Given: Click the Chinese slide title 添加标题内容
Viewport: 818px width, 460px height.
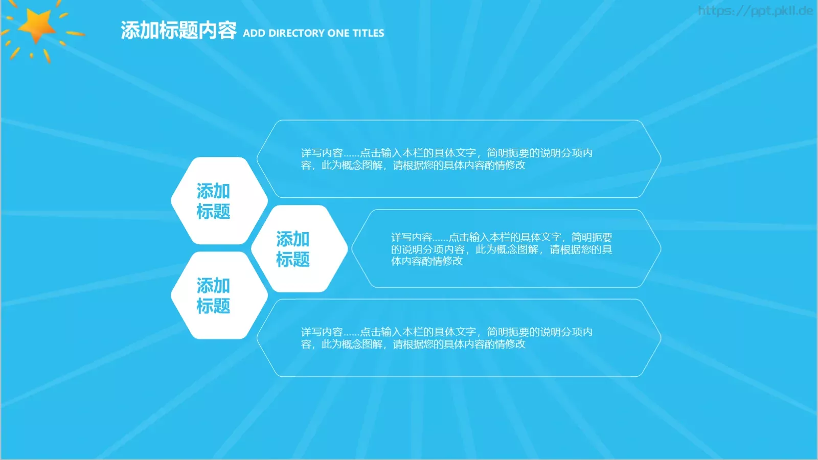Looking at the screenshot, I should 178,31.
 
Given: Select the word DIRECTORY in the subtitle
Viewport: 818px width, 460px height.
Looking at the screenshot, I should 297,33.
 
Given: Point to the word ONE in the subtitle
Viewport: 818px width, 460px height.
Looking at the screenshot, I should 338,33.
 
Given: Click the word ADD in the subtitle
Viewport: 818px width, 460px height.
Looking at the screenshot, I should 254,33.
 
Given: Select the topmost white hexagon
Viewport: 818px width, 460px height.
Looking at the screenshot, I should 219,200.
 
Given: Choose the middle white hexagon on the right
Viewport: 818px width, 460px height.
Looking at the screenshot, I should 299,248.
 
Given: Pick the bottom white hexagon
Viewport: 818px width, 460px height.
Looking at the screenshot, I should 219,295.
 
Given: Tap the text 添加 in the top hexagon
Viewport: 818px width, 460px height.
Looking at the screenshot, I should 213,191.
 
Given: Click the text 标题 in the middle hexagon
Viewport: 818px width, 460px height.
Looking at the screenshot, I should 293,260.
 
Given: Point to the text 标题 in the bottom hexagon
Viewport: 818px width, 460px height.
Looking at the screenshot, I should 213,306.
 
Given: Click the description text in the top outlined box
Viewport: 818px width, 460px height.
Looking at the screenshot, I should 446,159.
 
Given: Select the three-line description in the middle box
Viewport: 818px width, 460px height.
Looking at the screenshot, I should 501,249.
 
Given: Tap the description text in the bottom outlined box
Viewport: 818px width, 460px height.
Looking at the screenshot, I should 446,338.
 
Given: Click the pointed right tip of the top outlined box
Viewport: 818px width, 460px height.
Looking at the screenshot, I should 660,159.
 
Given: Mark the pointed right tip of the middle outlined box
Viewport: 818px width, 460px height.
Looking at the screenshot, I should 660,248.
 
